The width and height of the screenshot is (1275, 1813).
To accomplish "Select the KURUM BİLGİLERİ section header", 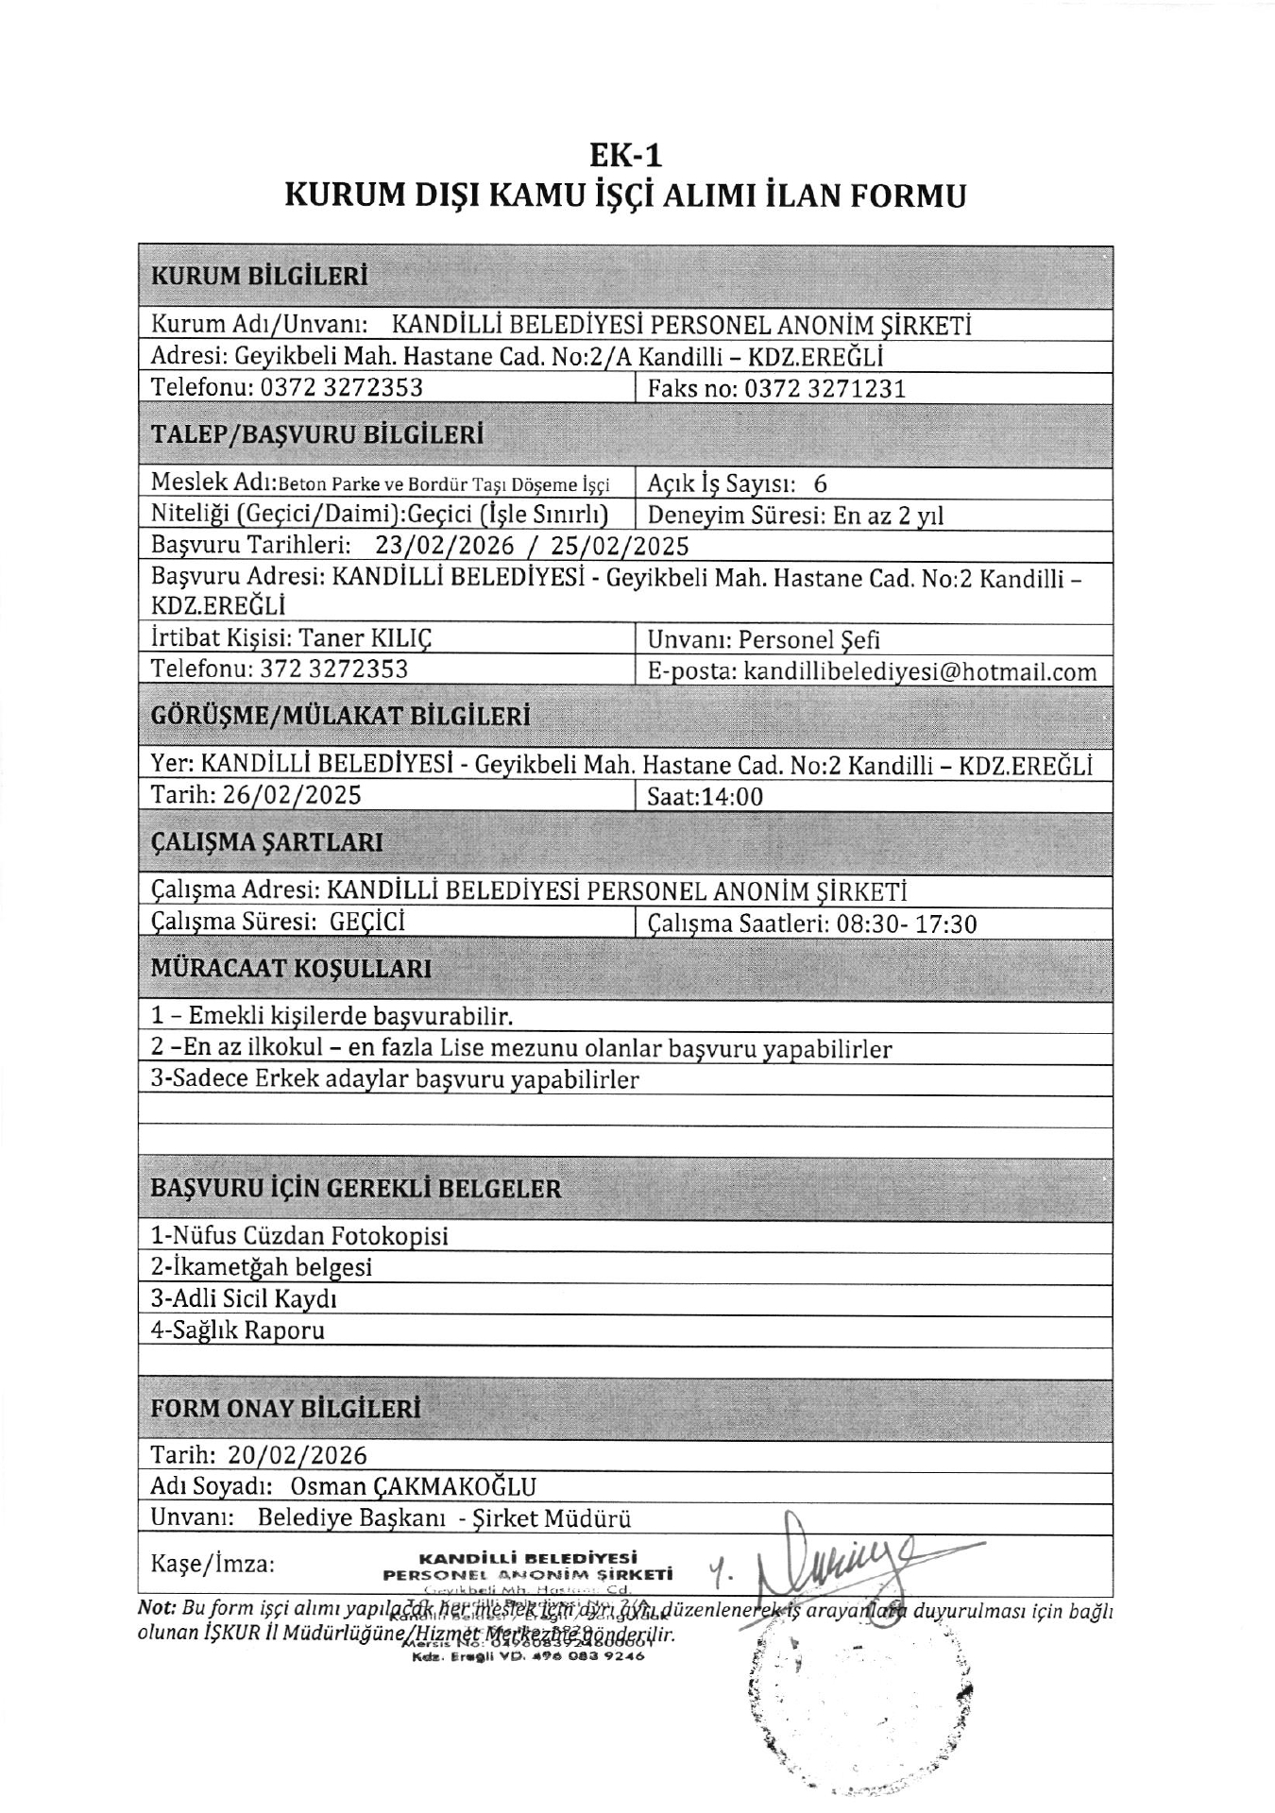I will [260, 277].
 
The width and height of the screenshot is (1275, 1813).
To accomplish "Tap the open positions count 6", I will [820, 483].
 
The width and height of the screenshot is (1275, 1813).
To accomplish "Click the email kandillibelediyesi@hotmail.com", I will [921, 671].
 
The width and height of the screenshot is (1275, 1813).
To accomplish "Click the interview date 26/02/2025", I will [292, 795].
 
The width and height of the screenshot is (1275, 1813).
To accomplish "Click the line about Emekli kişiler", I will [332, 1017].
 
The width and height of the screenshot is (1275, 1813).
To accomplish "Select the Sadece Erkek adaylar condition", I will [396, 1079].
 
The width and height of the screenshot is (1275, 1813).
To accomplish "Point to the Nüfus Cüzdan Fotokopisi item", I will [299, 1236].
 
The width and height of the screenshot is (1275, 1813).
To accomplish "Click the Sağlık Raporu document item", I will [238, 1330].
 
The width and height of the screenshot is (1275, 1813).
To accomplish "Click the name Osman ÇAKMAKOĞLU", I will [414, 1487].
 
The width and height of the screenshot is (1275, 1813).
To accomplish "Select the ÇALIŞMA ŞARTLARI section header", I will [267, 841].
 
